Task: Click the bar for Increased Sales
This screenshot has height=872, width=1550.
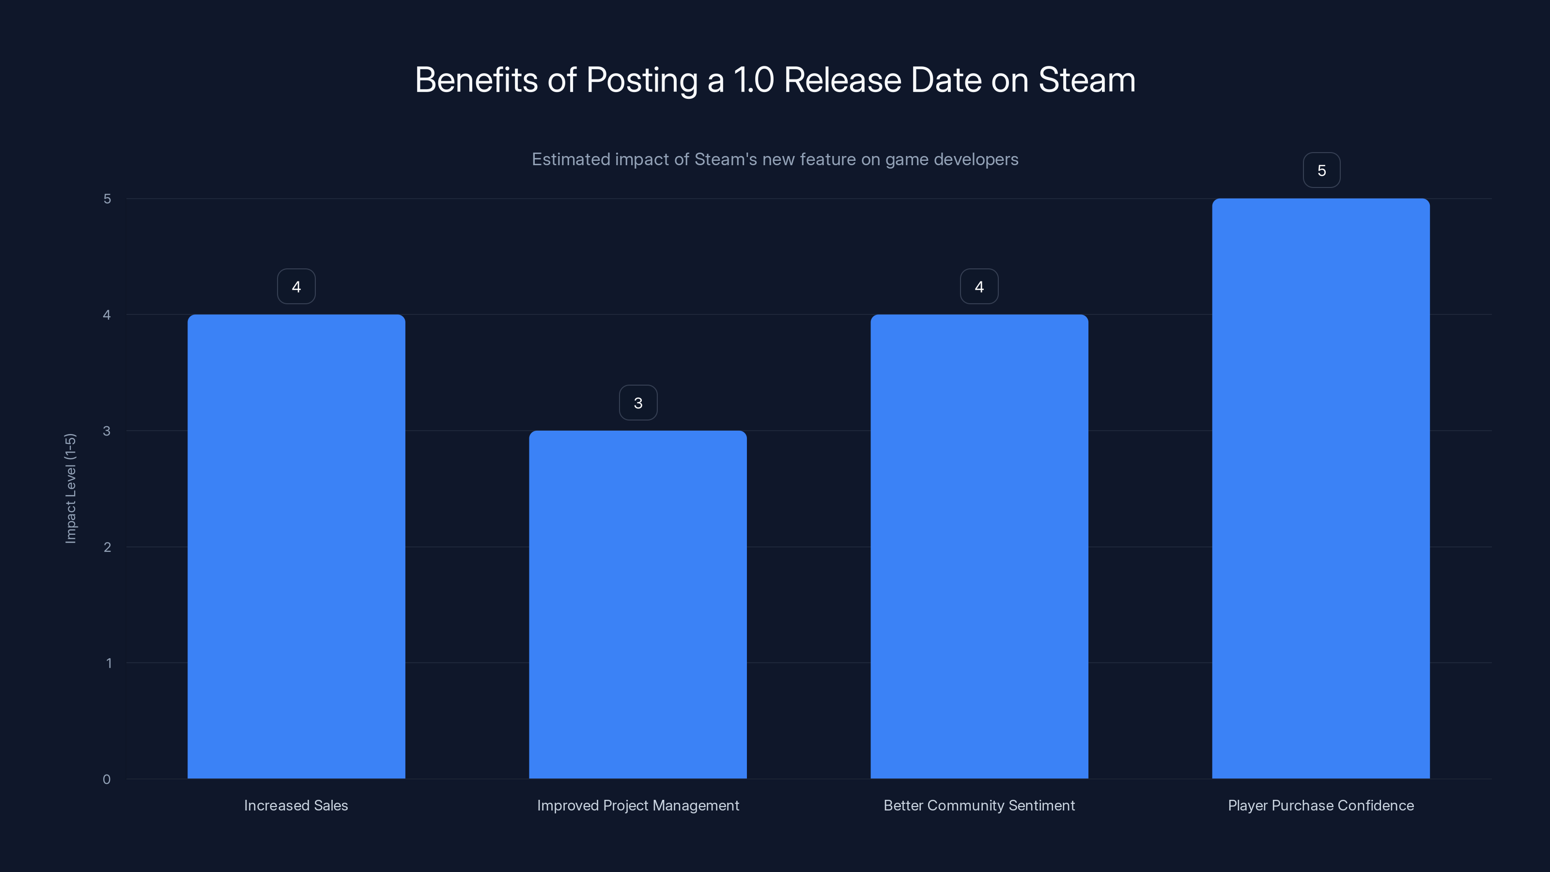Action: point(296,546)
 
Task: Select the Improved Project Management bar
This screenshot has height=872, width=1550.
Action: point(638,604)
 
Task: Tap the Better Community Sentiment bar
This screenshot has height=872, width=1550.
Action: point(979,546)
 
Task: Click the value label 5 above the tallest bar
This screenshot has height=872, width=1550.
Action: point(1321,171)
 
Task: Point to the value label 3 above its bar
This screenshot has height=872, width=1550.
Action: point(638,403)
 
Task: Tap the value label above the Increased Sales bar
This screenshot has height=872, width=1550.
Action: point(296,286)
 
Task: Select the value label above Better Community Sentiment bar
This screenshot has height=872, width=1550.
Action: point(979,286)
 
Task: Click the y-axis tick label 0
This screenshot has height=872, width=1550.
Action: point(107,779)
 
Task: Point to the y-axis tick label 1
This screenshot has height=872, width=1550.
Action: point(108,663)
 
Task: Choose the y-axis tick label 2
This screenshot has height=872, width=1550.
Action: point(107,547)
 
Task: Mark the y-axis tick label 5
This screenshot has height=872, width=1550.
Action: point(107,199)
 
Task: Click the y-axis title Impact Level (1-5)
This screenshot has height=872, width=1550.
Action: point(70,488)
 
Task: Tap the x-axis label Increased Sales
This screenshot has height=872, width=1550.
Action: point(296,805)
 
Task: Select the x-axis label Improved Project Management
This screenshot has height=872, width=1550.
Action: point(638,805)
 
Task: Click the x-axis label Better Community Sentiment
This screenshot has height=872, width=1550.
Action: point(979,805)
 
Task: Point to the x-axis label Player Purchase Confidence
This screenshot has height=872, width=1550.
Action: point(1321,805)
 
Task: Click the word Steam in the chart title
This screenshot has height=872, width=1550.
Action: point(1086,80)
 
